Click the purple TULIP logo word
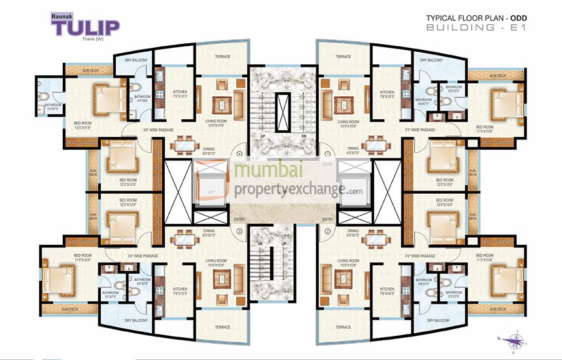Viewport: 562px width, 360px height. [86, 27]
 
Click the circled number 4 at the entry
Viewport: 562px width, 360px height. [239, 154]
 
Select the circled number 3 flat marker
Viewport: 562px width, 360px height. [239, 230]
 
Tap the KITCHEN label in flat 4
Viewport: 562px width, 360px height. [181, 92]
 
